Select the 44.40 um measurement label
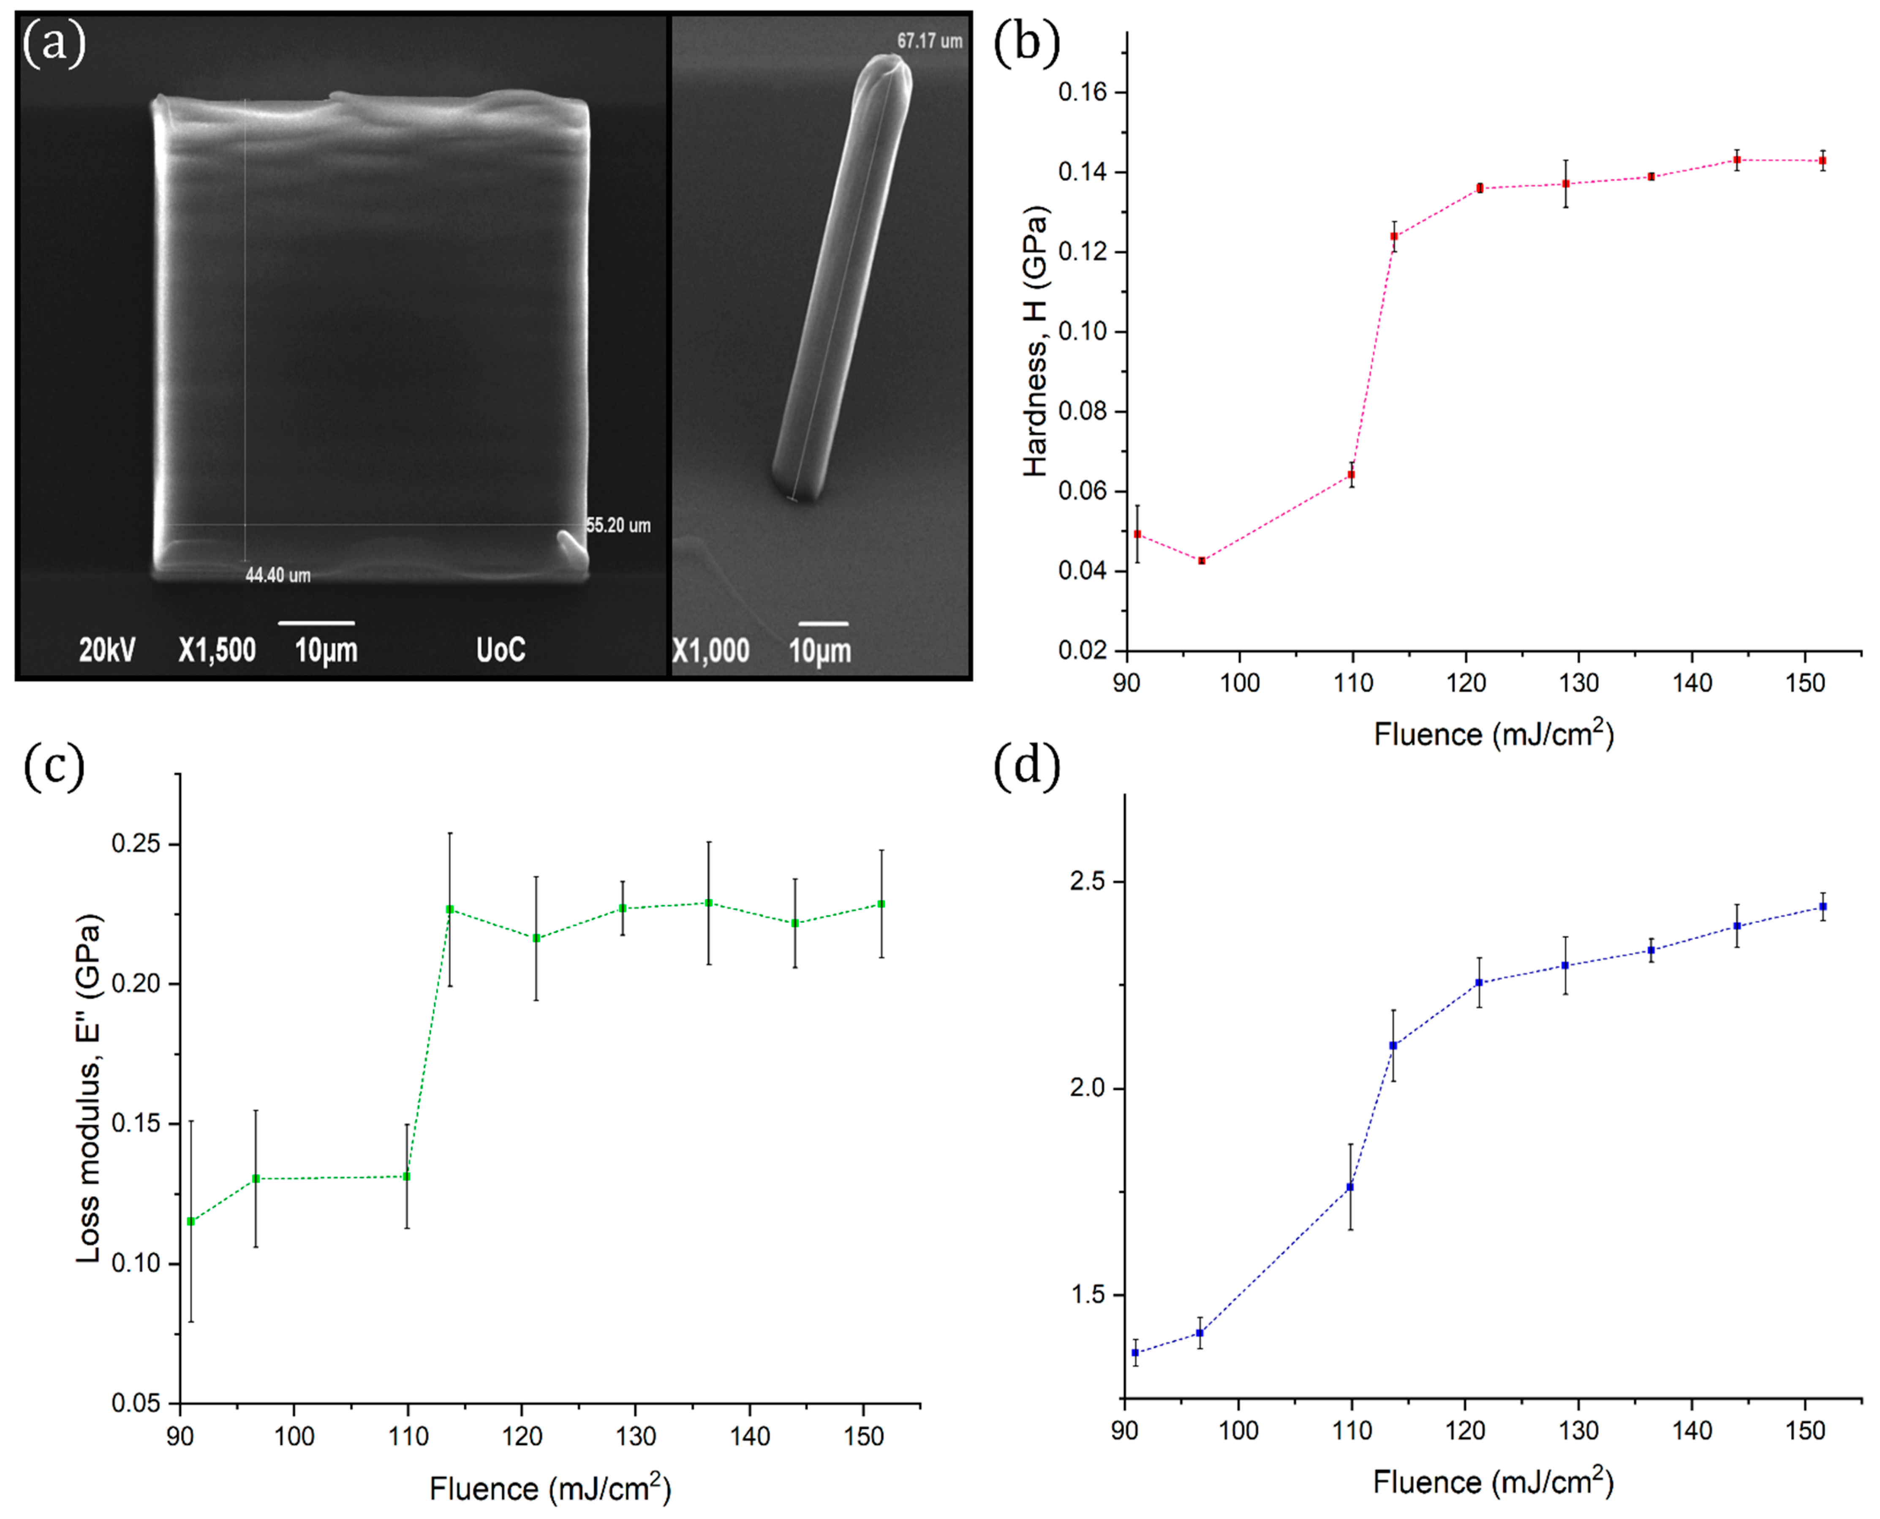(278, 575)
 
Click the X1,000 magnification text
(710, 650)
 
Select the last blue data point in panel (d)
(1823, 906)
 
